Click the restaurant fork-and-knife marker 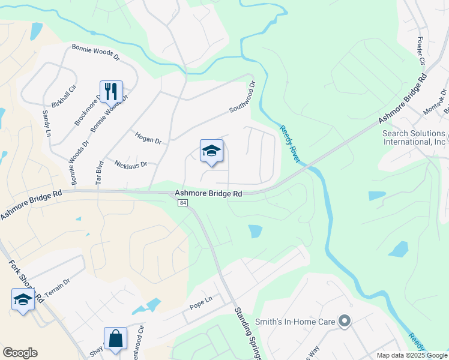pyautogui.click(x=111, y=92)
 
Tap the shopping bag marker pyautogui.click(x=115, y=338)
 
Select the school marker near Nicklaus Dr pyautogui.click(x=211, y=151)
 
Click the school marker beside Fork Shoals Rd pyautogui.click(x=23, y=300)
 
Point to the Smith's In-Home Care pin pyautogui.click(x=344, y=322)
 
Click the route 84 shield pyautogui.click(x=182, y=203)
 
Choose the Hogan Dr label pyautogui.click(x=148, y=138)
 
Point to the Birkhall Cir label pyautogui.click(x=64, y=96)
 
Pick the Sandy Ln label pyautogui.click(x=46, y=124)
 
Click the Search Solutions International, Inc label pyautogui.click(x=414, y=137)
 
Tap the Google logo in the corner pyautogui.click(x=20, y=353)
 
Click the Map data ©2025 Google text pyautogui.click(x=412, y=355)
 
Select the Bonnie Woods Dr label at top pyautogui.click(x=96, y=53)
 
